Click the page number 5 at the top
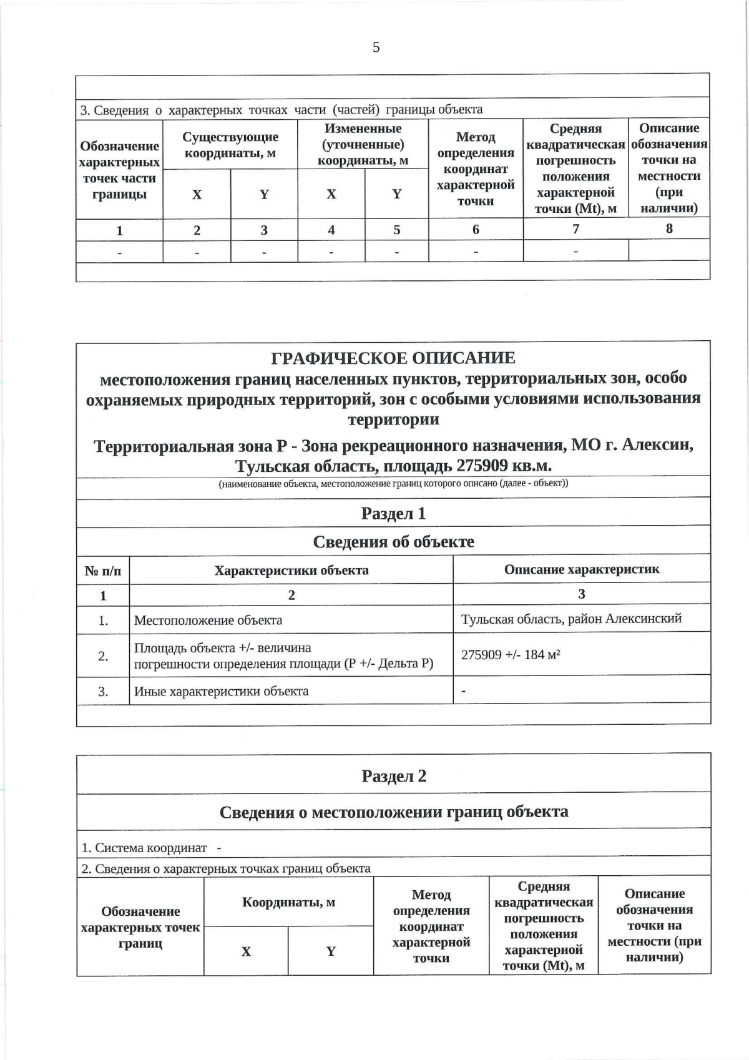(x=376, y=47)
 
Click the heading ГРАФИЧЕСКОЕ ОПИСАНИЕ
(x=393, y=358)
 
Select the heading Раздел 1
(x=393, y=513)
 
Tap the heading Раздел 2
(x=393, y=776)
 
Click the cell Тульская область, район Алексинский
(x=571, y=619)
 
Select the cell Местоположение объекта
(x=208, y=621)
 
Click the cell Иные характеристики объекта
(x=221, y=691)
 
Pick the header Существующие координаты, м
(x=230, y=145)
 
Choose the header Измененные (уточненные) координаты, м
(x=363, y=144)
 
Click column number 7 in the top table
(x=575, y=229)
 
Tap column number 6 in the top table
(x=476, y=230)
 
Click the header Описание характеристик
(x=581, y=569)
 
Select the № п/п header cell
(x=103, y=571)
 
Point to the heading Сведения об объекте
(x=393, y=541)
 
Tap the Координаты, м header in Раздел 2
(x=288, y=902)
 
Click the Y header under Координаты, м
(x=331, y=951)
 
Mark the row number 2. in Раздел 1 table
(x=103, y=656)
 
